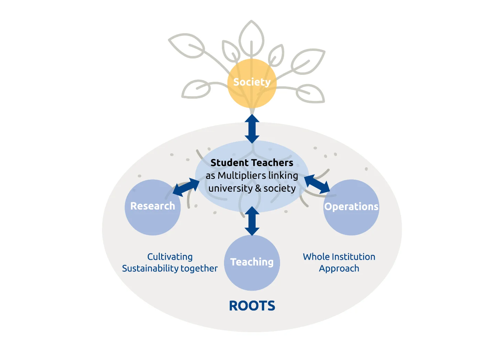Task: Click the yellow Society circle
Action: tap(252, 83)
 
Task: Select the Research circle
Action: tap(153, 207)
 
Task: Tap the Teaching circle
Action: tap(252, 263)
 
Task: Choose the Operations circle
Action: tap(351, 207)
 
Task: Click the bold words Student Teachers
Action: tap(252, 162)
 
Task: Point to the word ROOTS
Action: tap(252, 306)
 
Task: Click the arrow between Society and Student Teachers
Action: tap(252, 129)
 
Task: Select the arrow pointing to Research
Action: tap(186, 187)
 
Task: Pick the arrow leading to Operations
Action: tap(317, 184)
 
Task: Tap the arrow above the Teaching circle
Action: tap(252, 221)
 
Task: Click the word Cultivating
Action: tap(170, 257)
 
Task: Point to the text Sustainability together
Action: tap(170, 268)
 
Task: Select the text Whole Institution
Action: tap(339, 257)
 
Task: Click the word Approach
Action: tap(339, 269)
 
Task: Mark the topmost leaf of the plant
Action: tap(251, 36)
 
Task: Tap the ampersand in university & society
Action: tap(258, 189)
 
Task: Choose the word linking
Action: tap(283, 176)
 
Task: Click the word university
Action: tap(230, 189)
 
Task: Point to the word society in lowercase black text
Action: tap(279, 189)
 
